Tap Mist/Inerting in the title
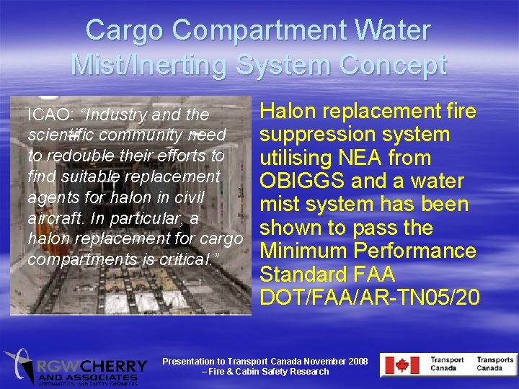[153, 66]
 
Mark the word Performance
[417, 251]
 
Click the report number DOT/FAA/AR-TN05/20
[369, 297]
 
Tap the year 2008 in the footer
[356, 361]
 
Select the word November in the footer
[317, 361]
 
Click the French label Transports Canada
[494, 364]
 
